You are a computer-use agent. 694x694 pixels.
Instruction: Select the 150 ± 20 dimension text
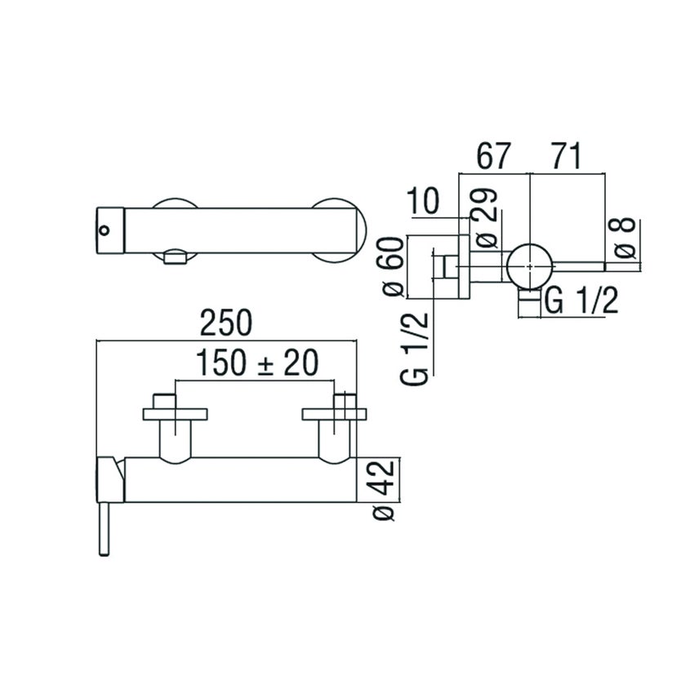[x=256, y=363]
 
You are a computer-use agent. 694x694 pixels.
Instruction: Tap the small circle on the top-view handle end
[x=103, y=229]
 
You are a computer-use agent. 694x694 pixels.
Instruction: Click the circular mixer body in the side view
[x=530, y=266]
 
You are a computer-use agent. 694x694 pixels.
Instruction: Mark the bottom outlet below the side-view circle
[x=530, y=305]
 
